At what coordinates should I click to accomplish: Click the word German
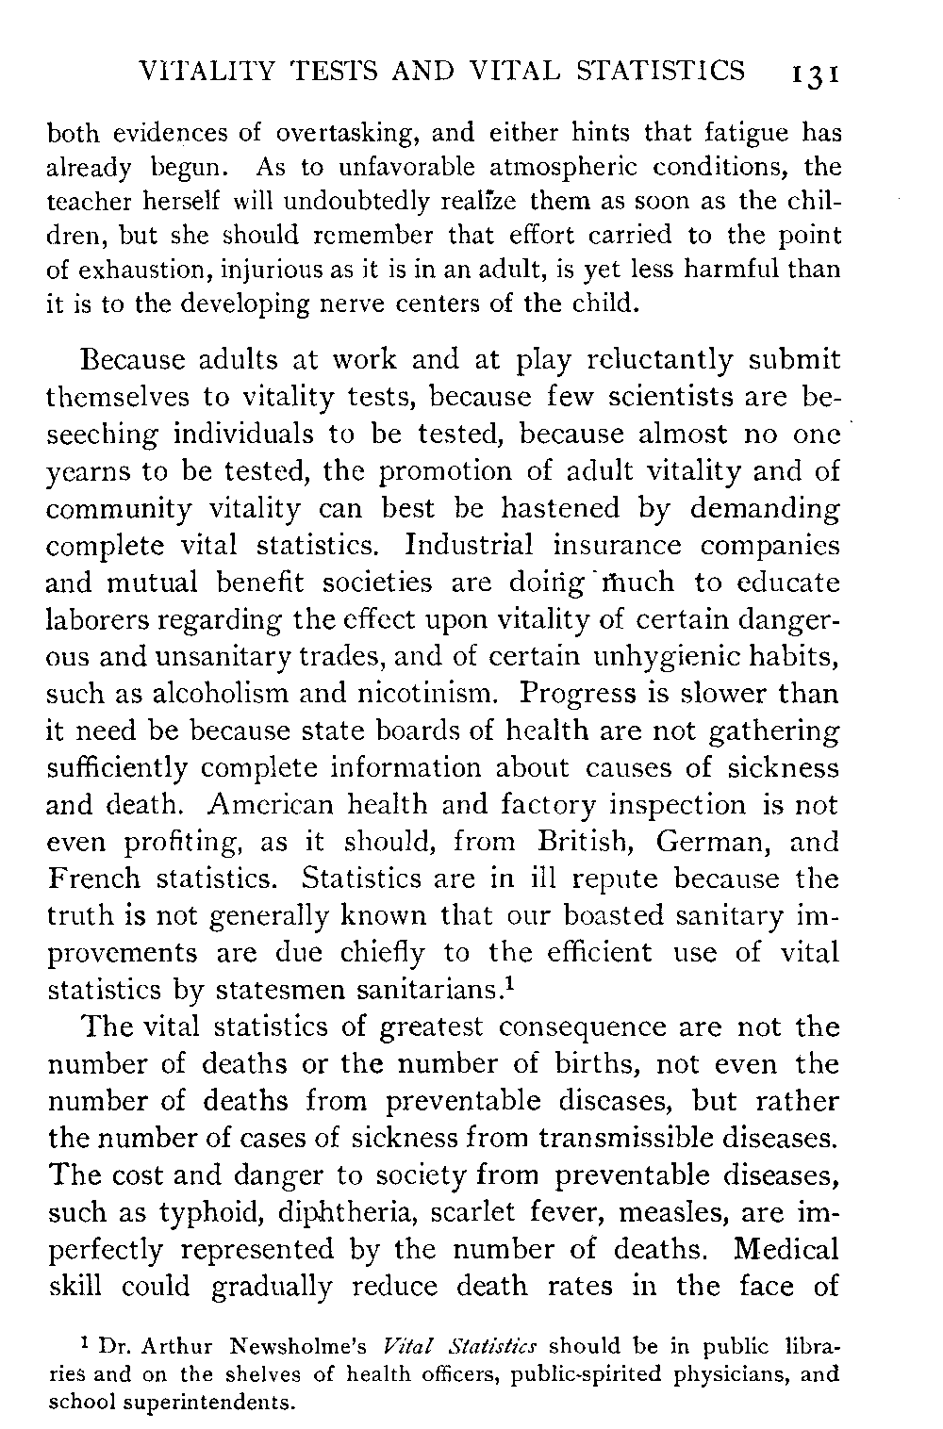point(708,842)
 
